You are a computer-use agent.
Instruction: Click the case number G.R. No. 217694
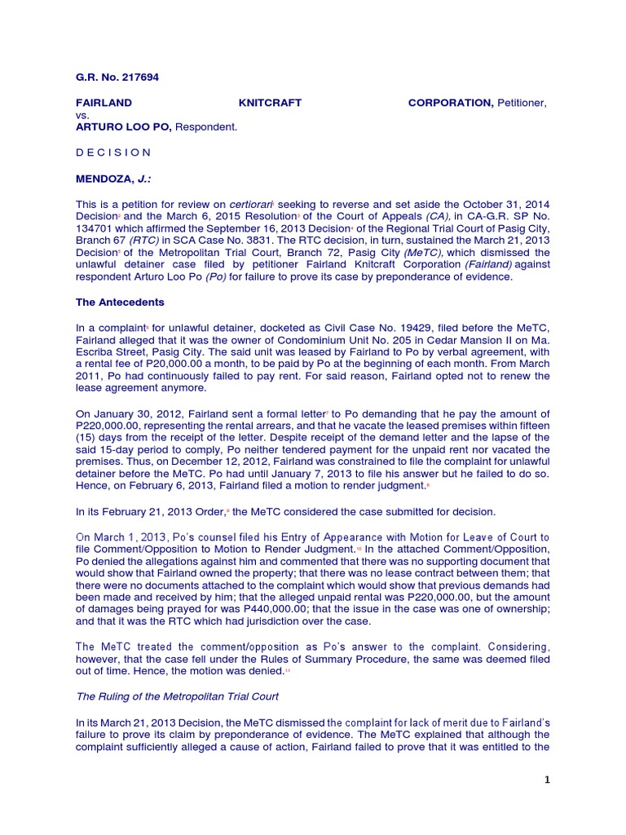117,77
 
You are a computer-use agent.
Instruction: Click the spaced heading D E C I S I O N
113,152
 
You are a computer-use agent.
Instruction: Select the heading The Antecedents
120,302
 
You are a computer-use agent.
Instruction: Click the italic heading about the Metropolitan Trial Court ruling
178,698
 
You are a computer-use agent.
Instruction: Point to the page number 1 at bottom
548,780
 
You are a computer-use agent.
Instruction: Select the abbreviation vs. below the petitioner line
83,116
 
